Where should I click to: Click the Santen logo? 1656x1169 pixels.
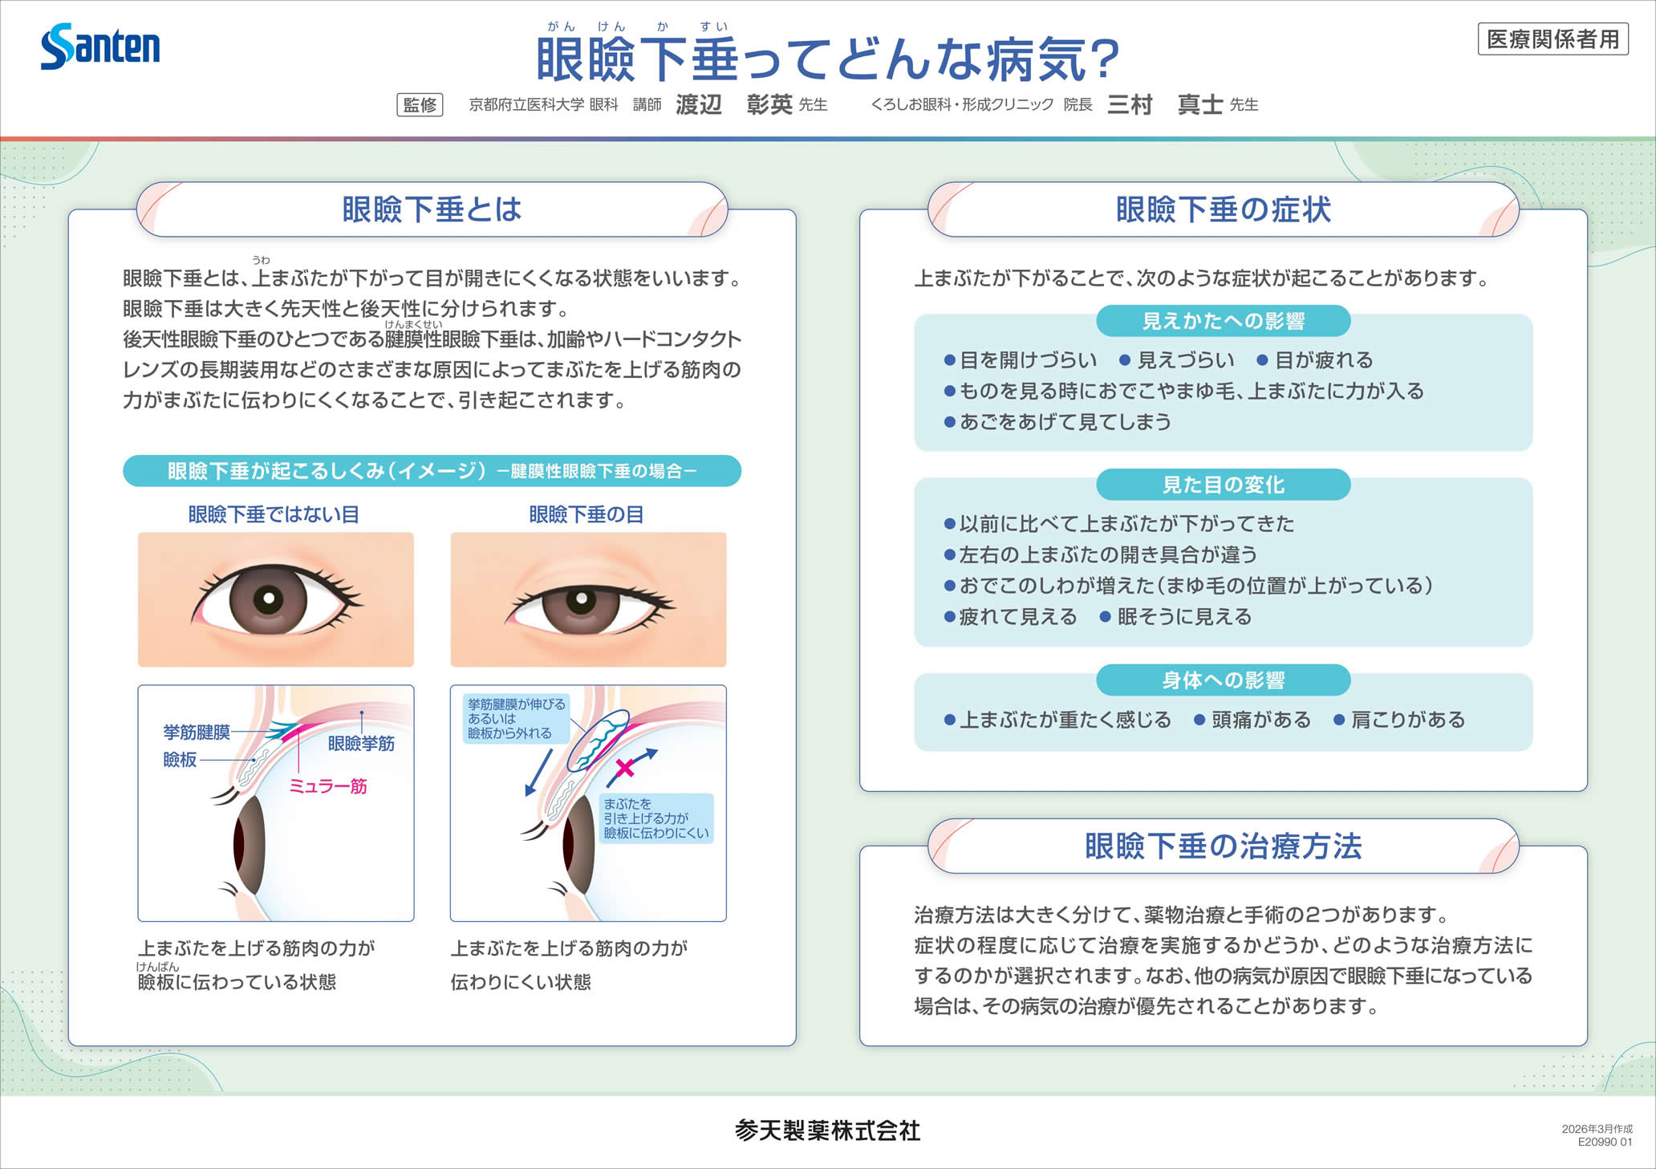(x=100, y=47)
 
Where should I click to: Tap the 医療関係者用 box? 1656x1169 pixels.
(x=1552, y=39)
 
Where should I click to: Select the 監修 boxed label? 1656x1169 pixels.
(x=420, y=105)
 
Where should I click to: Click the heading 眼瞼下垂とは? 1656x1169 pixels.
(x=432, y=209)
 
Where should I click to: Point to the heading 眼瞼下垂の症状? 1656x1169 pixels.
(x=1223, y=209)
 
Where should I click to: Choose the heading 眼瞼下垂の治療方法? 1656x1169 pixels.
(x=1223, y=846)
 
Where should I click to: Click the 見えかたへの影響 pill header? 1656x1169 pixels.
(x=1223, y=321)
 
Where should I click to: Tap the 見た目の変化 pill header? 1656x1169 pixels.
(x=1223, y=485)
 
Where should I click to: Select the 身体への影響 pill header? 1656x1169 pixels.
(x=1223, y=680)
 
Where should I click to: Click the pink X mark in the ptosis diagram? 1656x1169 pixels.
(x=624, y=768)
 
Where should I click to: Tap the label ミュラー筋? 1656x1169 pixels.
(x=328, y=786)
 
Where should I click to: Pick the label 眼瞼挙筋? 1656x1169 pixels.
(x=361, y=744)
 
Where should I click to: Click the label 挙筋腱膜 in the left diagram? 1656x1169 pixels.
(x=197, y=732)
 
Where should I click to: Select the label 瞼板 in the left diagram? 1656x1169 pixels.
(x=180, y=760)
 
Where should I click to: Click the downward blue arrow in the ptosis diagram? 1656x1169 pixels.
(x=538, y=773)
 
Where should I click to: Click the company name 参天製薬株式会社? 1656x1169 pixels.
(x=827, y=1130)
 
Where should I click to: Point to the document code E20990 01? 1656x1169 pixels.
(x=1605, y=1142)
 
